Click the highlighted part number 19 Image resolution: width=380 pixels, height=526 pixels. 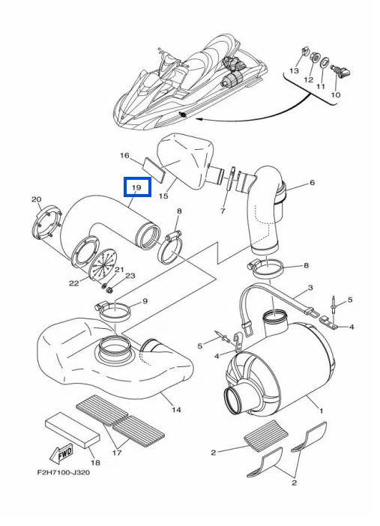137,187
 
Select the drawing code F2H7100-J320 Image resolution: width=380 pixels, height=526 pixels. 64,473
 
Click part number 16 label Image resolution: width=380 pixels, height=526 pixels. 124,155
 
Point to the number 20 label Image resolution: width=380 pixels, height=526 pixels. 36,199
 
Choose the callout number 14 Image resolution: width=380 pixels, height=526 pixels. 177,409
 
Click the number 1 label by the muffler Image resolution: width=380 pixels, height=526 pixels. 321,411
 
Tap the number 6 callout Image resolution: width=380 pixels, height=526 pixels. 312,183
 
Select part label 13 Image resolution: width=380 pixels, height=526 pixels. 294,70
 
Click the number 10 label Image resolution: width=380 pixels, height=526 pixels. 336,94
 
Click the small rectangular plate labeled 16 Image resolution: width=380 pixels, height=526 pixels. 154,170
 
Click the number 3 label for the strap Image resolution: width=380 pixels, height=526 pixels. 310,288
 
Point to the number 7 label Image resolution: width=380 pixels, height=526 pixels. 223,211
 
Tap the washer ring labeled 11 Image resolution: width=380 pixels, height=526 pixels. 325,62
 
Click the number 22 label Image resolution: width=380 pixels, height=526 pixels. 74,283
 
